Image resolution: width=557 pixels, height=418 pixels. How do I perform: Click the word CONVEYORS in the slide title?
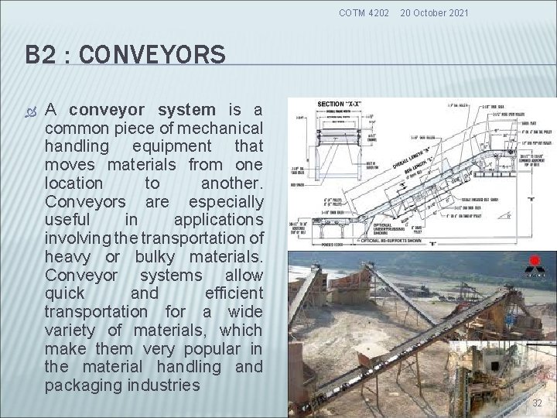152,55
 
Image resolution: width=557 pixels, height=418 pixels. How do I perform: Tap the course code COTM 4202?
365,13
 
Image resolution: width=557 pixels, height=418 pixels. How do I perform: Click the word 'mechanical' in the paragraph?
221,128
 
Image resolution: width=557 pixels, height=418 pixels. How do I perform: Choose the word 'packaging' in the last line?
83,385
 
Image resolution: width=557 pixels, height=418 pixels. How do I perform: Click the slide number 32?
537,403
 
